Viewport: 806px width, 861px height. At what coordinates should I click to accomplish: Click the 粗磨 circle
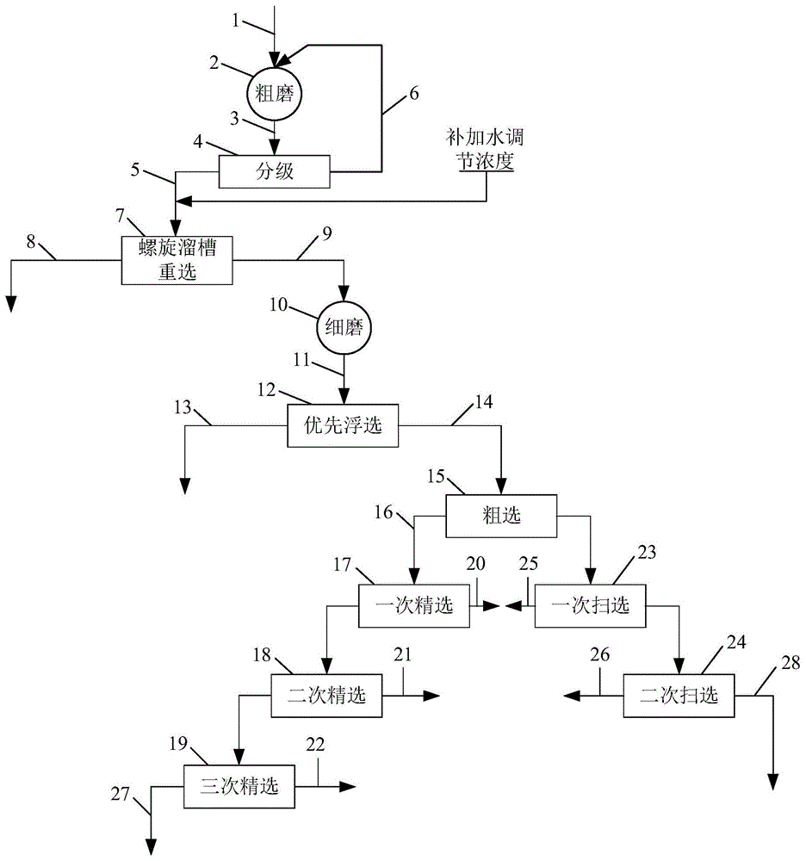[275, 94]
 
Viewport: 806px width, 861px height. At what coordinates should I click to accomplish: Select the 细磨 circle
[344, 328]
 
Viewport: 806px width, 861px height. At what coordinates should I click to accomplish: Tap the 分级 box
[274, 170]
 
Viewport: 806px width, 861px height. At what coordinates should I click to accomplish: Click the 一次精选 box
[414, 604]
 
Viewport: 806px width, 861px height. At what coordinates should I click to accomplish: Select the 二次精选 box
[327, 696]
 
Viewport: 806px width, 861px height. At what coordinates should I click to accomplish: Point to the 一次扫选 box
[591, 604]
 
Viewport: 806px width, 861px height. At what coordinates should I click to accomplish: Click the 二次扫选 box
[679, 695]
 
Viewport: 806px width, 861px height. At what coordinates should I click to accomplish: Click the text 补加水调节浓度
[485, 149]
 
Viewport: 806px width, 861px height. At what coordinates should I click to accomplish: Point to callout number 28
[790, 662]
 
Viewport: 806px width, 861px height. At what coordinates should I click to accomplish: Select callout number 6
[414, 93]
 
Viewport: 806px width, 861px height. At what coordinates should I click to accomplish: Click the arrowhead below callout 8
[11, 302]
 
